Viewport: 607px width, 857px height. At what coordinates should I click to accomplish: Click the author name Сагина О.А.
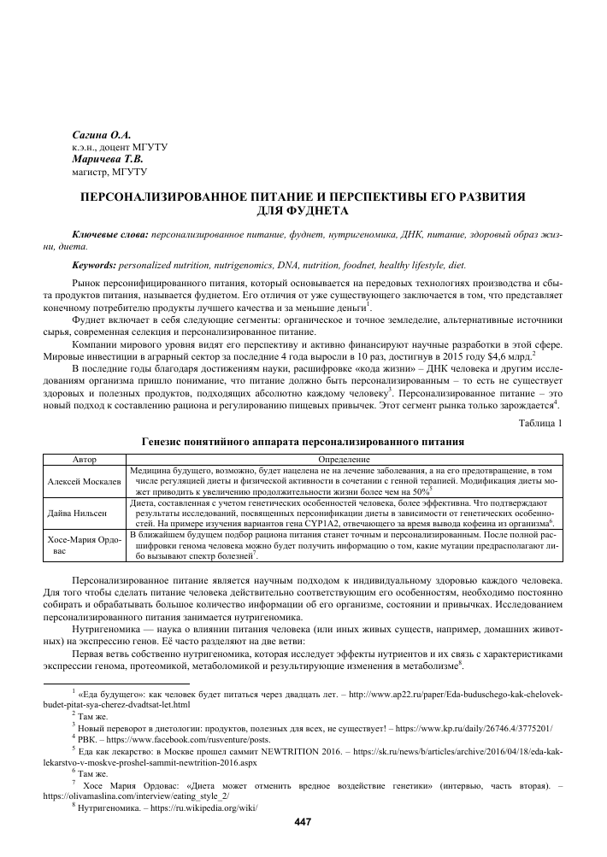tap(101, 135)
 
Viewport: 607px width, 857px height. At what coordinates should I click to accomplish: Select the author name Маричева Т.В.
tap(107, 159)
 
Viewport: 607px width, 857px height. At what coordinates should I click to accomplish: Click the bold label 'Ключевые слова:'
tap(110, 233)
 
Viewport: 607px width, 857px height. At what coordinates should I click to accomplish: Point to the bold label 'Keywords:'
tap(95, 266)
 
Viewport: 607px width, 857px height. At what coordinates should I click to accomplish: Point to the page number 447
tap(302, 822)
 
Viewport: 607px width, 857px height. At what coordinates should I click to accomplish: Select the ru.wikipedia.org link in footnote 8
tap(198, 807)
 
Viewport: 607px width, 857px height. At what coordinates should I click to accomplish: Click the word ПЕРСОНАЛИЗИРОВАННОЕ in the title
tap(168, 196)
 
